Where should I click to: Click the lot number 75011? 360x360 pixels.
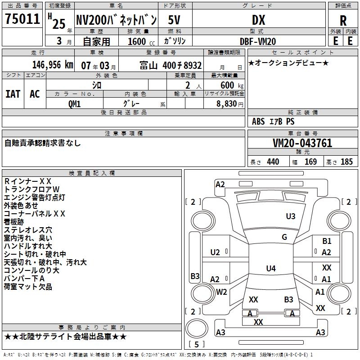[22, 19]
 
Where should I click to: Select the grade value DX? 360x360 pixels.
[259, 20]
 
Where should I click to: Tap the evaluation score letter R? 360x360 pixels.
[343, 20]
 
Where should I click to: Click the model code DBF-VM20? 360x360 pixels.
[258, 41]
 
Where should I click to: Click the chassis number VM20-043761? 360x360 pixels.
[302, 143]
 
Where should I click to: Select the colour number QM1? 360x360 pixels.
[74, 103]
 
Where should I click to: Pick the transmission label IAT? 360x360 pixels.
[13, 94]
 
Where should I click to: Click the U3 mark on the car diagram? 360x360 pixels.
[291, 216]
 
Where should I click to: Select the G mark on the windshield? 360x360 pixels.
[284, 237]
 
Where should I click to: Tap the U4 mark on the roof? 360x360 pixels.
[270, 269]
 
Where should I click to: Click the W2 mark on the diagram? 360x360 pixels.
[221, 292]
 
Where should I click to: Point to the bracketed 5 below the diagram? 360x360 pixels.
[196, 345]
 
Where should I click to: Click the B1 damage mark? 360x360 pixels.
[327, 241]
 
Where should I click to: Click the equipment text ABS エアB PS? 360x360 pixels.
[273, 121]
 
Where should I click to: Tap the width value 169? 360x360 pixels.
[310, 162]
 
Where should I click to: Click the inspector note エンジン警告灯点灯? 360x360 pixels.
[35, 197]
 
